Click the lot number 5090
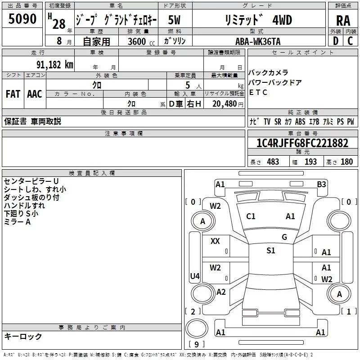click(22, 19)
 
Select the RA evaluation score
click(343, 21)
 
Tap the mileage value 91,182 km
click(55, 65)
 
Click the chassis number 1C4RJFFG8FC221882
click(302, 144)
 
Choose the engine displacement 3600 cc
click(137, 41)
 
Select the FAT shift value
click(13, 94)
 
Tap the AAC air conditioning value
click(35, 94)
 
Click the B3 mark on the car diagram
click(321, 184)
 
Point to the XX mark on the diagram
click(215, 241)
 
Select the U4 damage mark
click(195, 276)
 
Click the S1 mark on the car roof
click(270, 251)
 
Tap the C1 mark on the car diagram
click(251, 216)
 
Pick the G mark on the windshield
click(284, 237)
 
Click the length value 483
click(273, 162)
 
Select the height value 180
click(346, 162)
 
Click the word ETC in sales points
click(258, 93)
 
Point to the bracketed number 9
click(196, 344)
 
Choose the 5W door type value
click(174, 20)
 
